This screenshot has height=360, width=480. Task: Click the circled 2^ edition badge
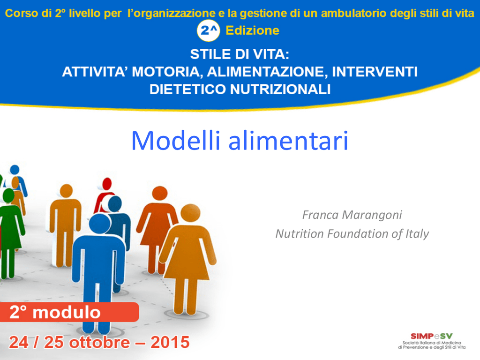pyautogui.click(x=208, y=30)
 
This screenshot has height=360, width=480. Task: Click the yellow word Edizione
pyautogui.click(x=253, y=30)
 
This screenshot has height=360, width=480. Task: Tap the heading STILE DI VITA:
pyautogui.click(x=240, y=54)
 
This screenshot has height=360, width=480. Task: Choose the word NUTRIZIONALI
pyautogui.click(x=280, y=90)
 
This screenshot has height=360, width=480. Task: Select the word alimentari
pyautogui.click(x=288, y=141)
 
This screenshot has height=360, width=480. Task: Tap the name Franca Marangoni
pyautogui.click(x=352, y=215)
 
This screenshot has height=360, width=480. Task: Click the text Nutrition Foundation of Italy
pyautogui.click(x=352, y=234)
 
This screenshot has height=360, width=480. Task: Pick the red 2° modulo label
pyautogui.click(x=69, y=312)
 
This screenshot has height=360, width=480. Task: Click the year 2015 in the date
pyautogui.click(x=170, y=342)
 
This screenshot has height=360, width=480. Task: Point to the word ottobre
pyautogui.click(x=99, y=342)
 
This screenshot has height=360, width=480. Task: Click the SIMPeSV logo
pyautogui.click(x=432, y=341)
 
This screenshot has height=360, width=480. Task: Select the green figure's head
pyautogui.click(x=8, y=195)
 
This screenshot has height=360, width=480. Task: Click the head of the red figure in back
pyautogui.click(x=107, y=184)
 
